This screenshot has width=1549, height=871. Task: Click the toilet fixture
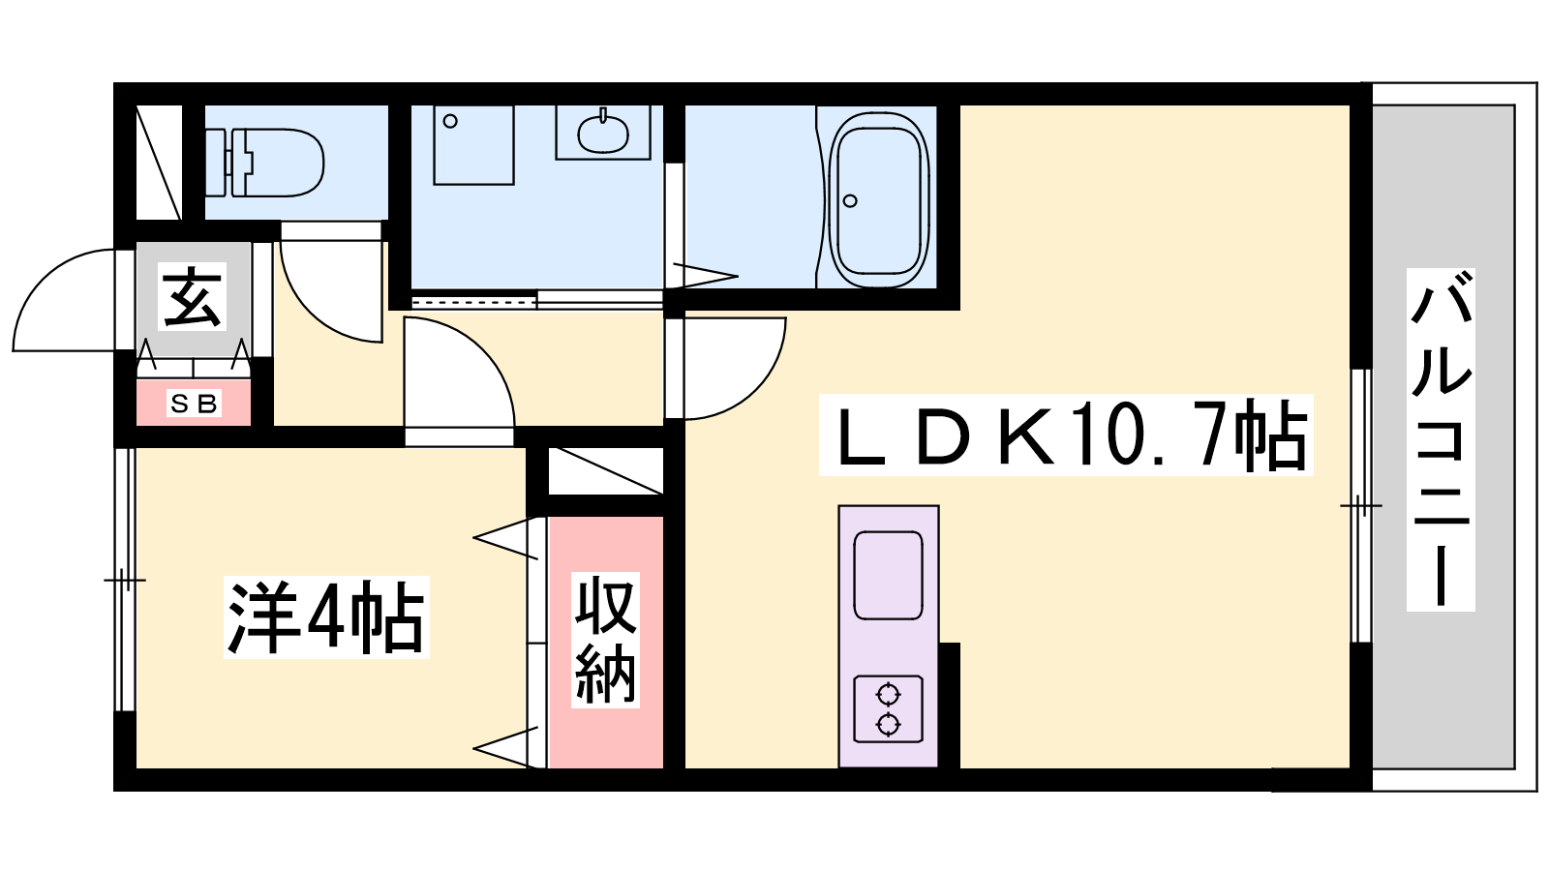[265, 163]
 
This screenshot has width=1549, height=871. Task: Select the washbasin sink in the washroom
[603, 134]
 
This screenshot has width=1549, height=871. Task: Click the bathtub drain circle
[851, 201]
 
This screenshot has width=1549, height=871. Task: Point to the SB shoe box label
[195, 404]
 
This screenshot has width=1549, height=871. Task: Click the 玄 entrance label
[193, 297]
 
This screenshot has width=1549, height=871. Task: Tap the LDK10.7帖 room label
[1066, 435]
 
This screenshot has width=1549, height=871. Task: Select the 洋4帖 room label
[326, 617]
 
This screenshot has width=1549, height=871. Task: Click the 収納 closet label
[605, 641]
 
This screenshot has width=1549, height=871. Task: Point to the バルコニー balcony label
[1441, 439]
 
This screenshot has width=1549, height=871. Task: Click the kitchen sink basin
[888, 575]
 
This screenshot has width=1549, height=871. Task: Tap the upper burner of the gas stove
[888, 693]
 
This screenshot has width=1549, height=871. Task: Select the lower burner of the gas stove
[888, 725]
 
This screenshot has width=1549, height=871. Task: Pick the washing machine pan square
[473, 145]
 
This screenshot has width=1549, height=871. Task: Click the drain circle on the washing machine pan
[450, 122]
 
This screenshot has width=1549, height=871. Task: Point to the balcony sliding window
[1361, 506]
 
